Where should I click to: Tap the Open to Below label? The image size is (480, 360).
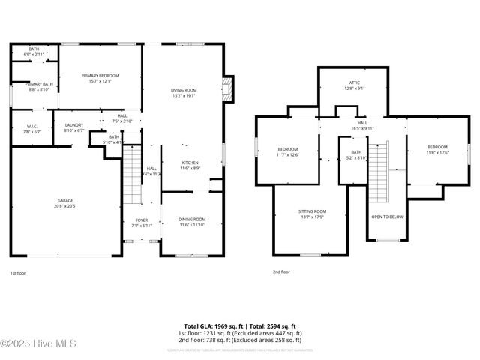387,217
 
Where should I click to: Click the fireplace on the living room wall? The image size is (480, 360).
229,89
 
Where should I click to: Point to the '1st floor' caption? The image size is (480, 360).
19,273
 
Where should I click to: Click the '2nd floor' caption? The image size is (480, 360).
281,272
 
